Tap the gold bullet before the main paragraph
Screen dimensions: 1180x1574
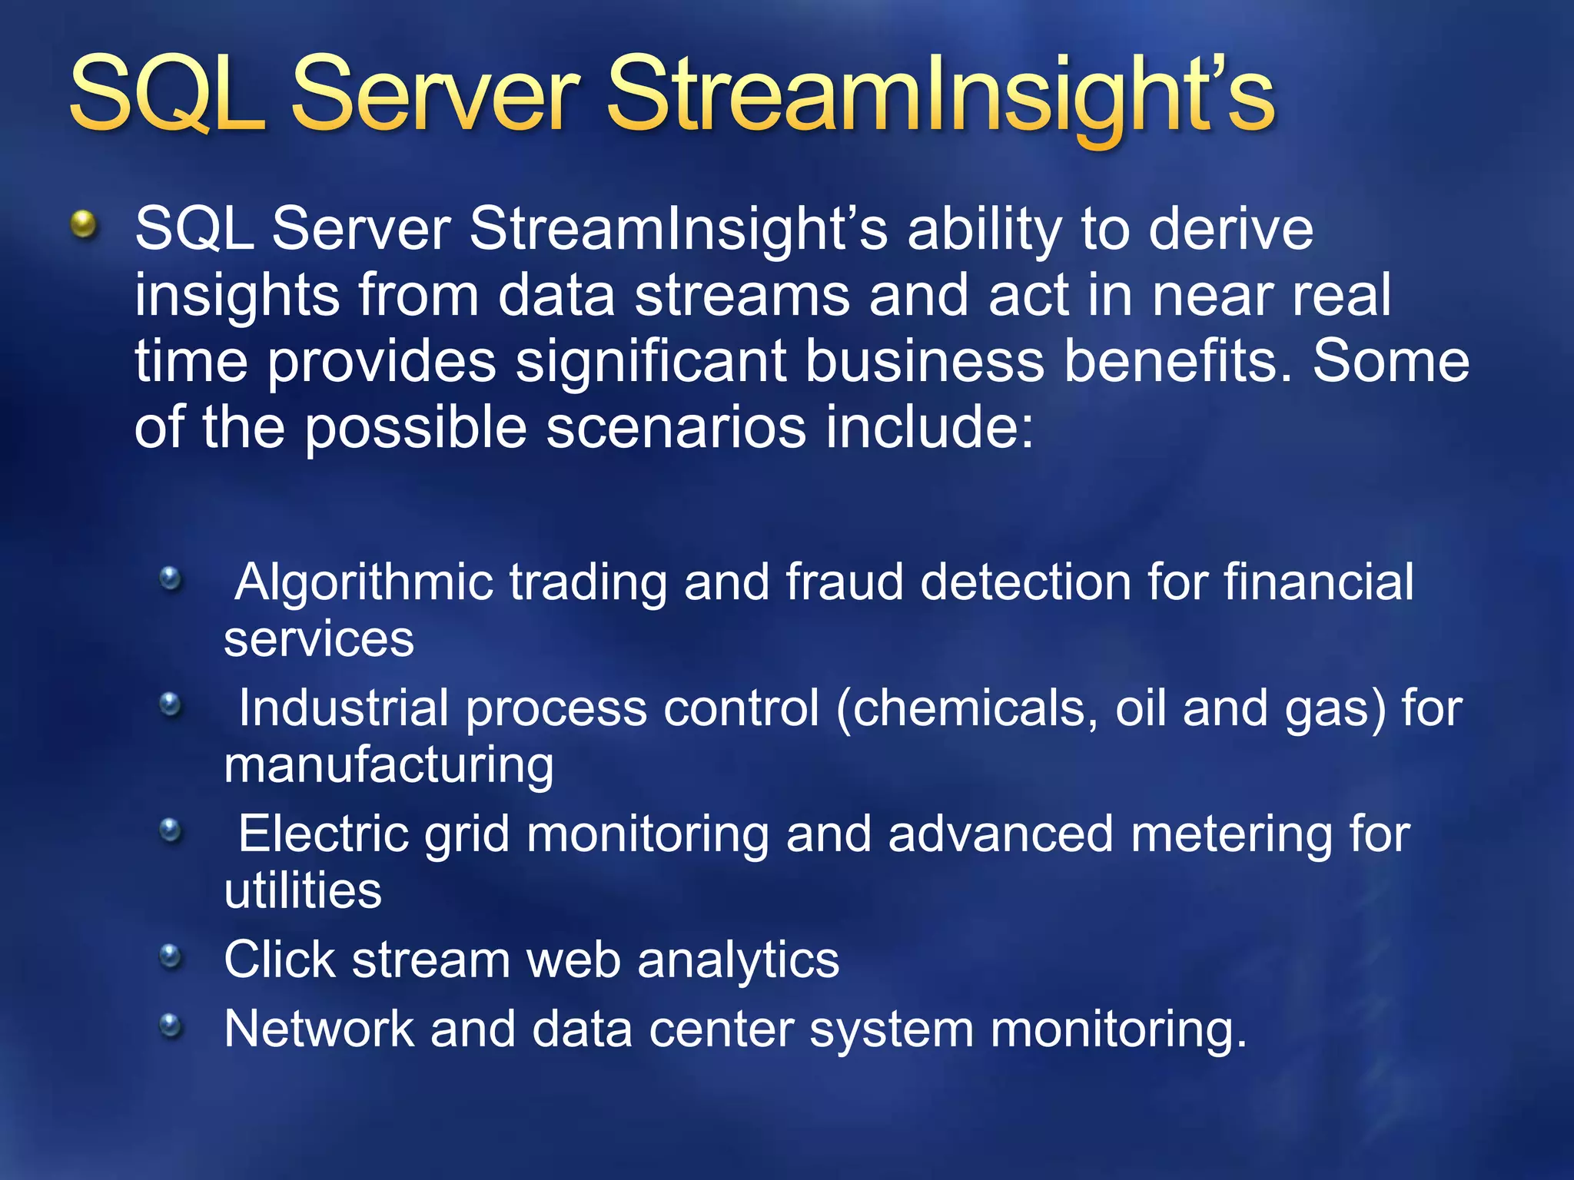84,225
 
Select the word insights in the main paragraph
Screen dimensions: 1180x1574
237,297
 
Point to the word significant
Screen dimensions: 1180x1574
650,362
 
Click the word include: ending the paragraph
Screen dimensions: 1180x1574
930,428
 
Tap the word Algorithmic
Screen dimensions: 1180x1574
364,583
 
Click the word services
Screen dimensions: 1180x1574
319,639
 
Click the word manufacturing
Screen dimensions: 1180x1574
389,766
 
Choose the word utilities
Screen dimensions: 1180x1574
303,891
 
